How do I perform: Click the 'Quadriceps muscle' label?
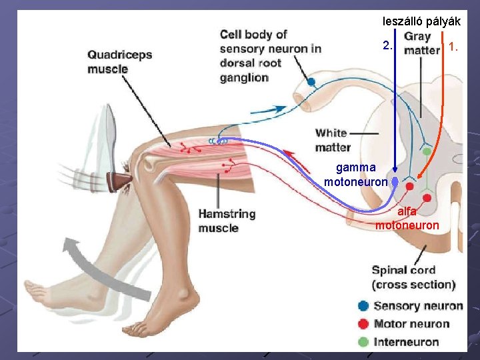tap(119, 61)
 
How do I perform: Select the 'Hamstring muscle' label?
tap(227, 221)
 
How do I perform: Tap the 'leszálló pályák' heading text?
tap(421, 21)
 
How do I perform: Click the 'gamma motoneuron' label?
tap(356, 174)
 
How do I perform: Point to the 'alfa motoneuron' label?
tap(407, 218)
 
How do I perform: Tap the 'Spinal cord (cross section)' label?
tap(413, 277)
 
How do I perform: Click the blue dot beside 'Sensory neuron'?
tap(363, 306)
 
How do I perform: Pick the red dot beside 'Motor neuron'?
tap(363, 324)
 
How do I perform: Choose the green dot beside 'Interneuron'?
tap(363, 342)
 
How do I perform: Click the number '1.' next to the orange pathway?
tap(454, 47)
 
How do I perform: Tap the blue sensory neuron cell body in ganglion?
tap(311, 82)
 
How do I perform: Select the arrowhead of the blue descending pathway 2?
tap(395, 171)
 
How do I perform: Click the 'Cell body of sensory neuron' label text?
tap(270, 55)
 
